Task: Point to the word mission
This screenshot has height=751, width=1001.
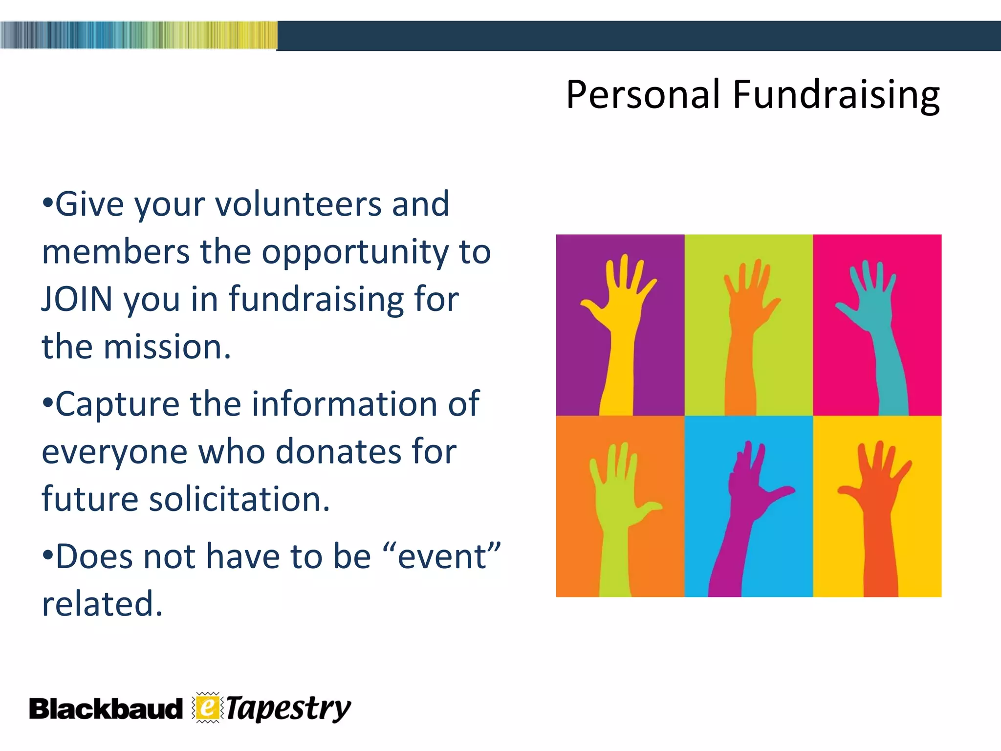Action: [x=166, y=347]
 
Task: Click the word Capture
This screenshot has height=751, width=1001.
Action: [x=117, y=404]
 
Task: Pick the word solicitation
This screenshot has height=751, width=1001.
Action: [x=239, y=499]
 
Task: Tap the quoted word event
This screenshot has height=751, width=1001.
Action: [x=442, y=556]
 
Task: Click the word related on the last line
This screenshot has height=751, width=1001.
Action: [x=102, y=604]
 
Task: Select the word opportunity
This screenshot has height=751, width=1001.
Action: [x=354, y=252]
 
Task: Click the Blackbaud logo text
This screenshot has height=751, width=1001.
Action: [x=106, y=709]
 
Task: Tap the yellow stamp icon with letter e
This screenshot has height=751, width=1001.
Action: [x=207, y=707]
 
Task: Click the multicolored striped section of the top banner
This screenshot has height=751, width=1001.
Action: [x=138, y=35]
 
